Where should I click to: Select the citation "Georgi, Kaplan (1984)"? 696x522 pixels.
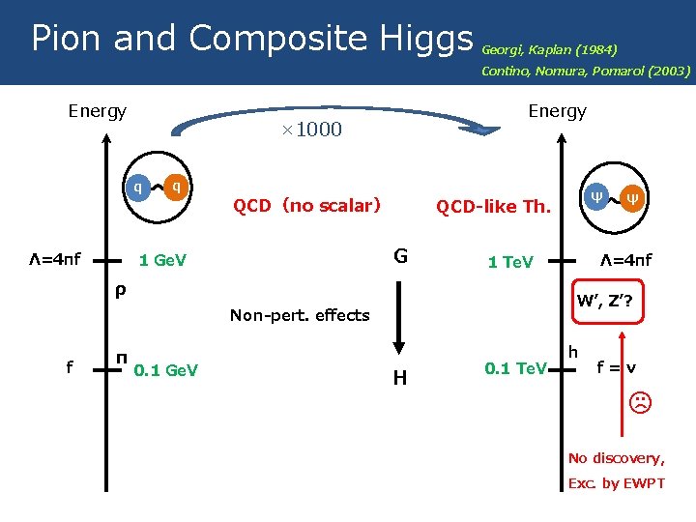(549, 49)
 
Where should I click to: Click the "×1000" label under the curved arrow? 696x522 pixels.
(313, 130)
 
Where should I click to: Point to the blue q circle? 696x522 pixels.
(139, 187)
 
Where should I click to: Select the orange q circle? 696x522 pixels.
(176, 187)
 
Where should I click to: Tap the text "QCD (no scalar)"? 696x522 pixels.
(306, 205)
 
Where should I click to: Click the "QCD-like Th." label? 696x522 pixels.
(493, 206)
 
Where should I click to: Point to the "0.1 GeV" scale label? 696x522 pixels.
(165, 370)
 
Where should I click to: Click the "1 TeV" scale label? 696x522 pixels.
(510, 262)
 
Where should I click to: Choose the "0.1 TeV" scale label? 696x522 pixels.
(516, 368)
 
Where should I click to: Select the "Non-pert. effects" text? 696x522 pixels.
(300, 314)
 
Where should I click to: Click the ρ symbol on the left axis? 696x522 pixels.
(118, 289)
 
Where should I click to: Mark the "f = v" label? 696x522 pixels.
(617, 367)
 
